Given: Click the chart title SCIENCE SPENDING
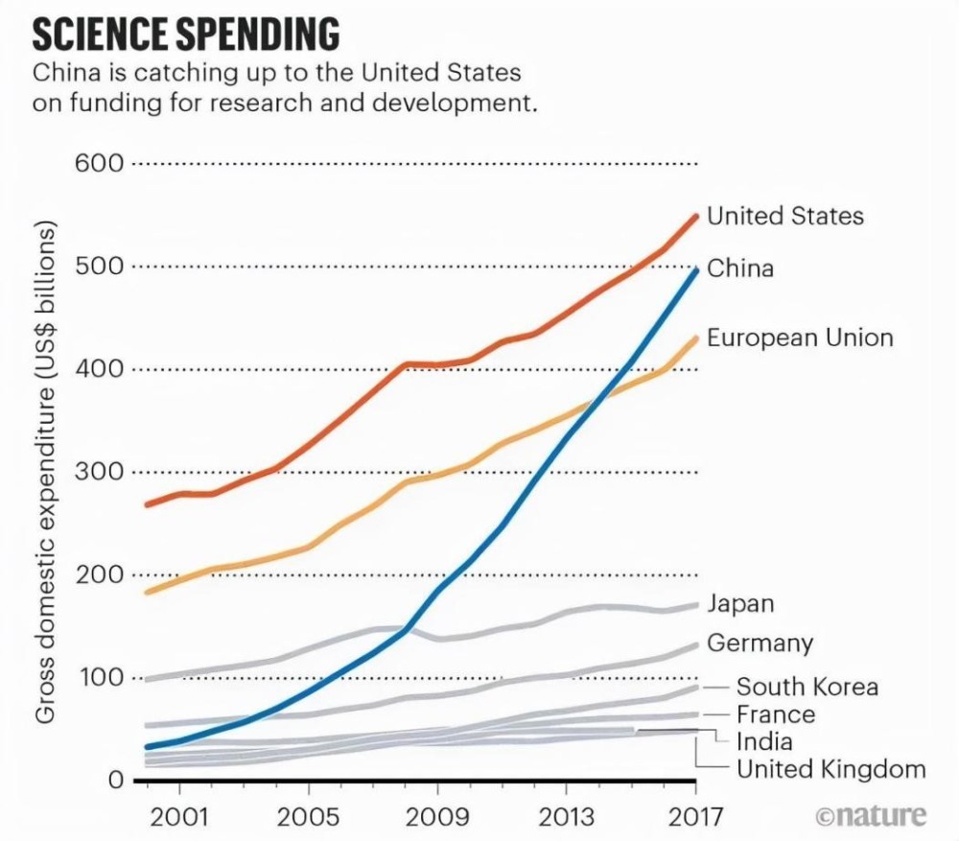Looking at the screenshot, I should [186, 34].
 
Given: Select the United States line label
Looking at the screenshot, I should [784, 217].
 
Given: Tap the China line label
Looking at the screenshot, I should [739, 269].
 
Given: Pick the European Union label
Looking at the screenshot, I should [800, 338].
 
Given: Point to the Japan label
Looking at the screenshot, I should [739, 604].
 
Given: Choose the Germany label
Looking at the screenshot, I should [760, 642].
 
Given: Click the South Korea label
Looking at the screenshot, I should [807, 687].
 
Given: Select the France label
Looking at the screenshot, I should [775, 714].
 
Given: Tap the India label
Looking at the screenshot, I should [764, 741].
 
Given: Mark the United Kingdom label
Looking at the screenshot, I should [830, 769].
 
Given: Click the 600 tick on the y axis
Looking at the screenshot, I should [100, 163].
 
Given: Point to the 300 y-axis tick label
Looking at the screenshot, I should [100, 472].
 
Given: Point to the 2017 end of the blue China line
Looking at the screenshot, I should [696, 270].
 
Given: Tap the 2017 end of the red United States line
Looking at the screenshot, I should [696, 216].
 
